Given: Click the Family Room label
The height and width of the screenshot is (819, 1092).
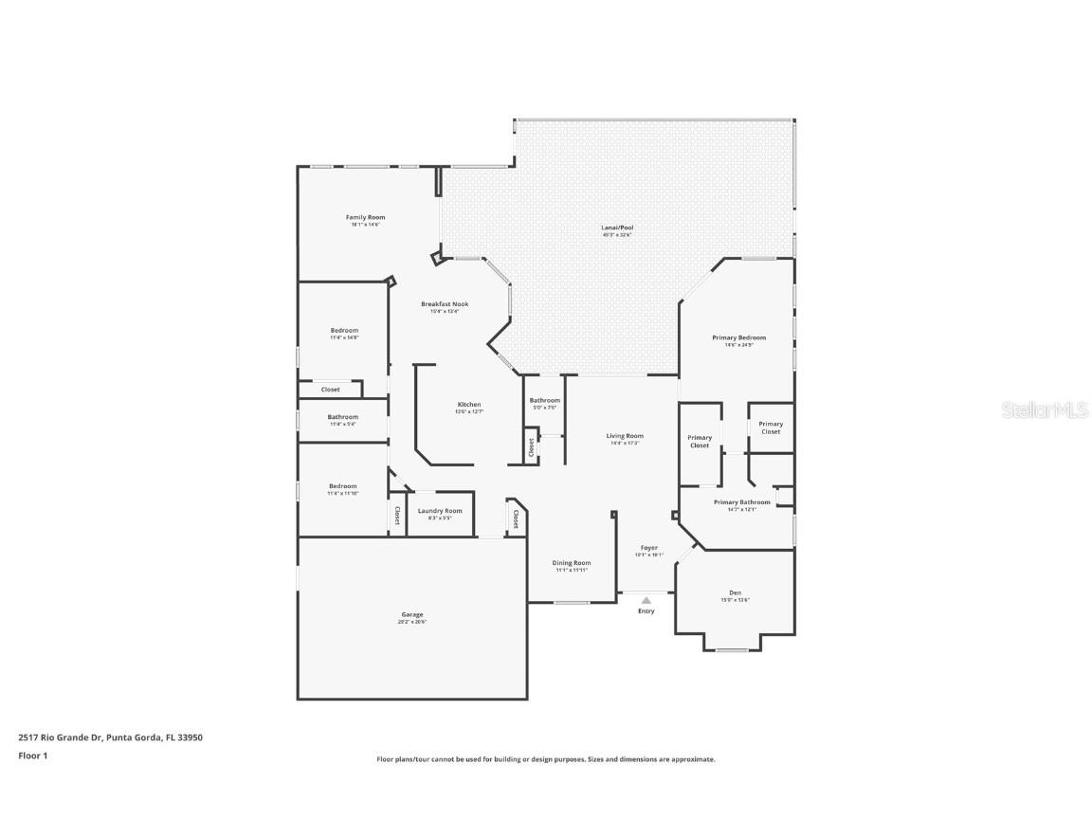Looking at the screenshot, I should (x=365, y=218).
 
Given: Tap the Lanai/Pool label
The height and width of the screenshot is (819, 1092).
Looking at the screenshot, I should (x=617, y=228).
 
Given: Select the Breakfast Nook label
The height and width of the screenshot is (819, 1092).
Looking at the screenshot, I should (x=445, y=304).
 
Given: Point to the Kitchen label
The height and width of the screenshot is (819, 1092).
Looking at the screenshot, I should (x=469, y=405).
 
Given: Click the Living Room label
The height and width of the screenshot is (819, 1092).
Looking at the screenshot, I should (x=625, y=436).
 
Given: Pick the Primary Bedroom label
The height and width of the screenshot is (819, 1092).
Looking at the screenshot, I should (x=738, y=337).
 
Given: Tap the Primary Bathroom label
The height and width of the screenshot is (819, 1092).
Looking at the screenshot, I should (x=741, y=502).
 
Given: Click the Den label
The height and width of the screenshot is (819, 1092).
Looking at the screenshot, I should (x=735, y=593).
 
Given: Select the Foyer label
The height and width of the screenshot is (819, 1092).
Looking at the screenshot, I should (x=649, y=548).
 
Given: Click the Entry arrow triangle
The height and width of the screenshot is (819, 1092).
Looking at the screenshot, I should (x=646, y=600).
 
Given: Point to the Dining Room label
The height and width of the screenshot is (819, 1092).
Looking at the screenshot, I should (x=572, y=563).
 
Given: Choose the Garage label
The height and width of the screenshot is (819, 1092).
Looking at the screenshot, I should (x=412, y=614).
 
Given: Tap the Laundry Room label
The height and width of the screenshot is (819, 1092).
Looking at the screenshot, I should (x=440, y=511).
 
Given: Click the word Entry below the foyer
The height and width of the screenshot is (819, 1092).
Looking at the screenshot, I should (x=646, y=611).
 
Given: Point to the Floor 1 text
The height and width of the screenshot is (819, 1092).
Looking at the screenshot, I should (x=32, y=755).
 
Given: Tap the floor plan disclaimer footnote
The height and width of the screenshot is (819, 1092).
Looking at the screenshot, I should (x=545, y=759).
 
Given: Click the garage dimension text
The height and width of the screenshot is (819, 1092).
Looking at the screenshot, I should (x=412, y=621).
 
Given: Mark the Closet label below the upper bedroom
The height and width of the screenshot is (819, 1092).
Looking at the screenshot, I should (x=330, y=390).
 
